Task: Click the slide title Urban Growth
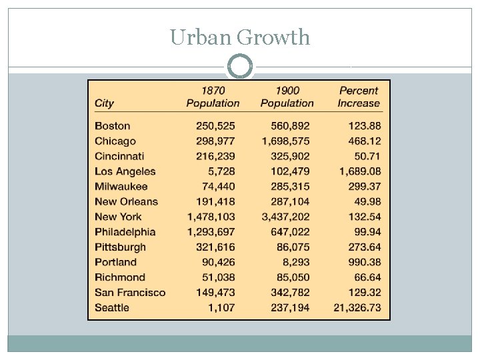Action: point(240,37)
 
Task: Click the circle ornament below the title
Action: point(240,67)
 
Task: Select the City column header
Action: point(105,103)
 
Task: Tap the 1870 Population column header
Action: point(213,97)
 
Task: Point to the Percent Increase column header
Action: point(359,97)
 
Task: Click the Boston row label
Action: point(113,126)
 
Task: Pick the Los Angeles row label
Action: point(125,171)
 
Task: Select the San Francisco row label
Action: point(130,293)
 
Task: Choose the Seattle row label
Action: point(112,308)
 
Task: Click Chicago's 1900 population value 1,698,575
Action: point(285,141)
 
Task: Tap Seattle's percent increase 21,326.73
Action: point(357,308)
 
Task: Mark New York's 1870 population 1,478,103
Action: point(211,217)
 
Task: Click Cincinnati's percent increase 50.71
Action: point(367,157)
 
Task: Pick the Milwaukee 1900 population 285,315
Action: point(290,187)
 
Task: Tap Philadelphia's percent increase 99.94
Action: point(367,232)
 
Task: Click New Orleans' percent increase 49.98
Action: point(367,202)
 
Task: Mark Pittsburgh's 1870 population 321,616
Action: point(215,247)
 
